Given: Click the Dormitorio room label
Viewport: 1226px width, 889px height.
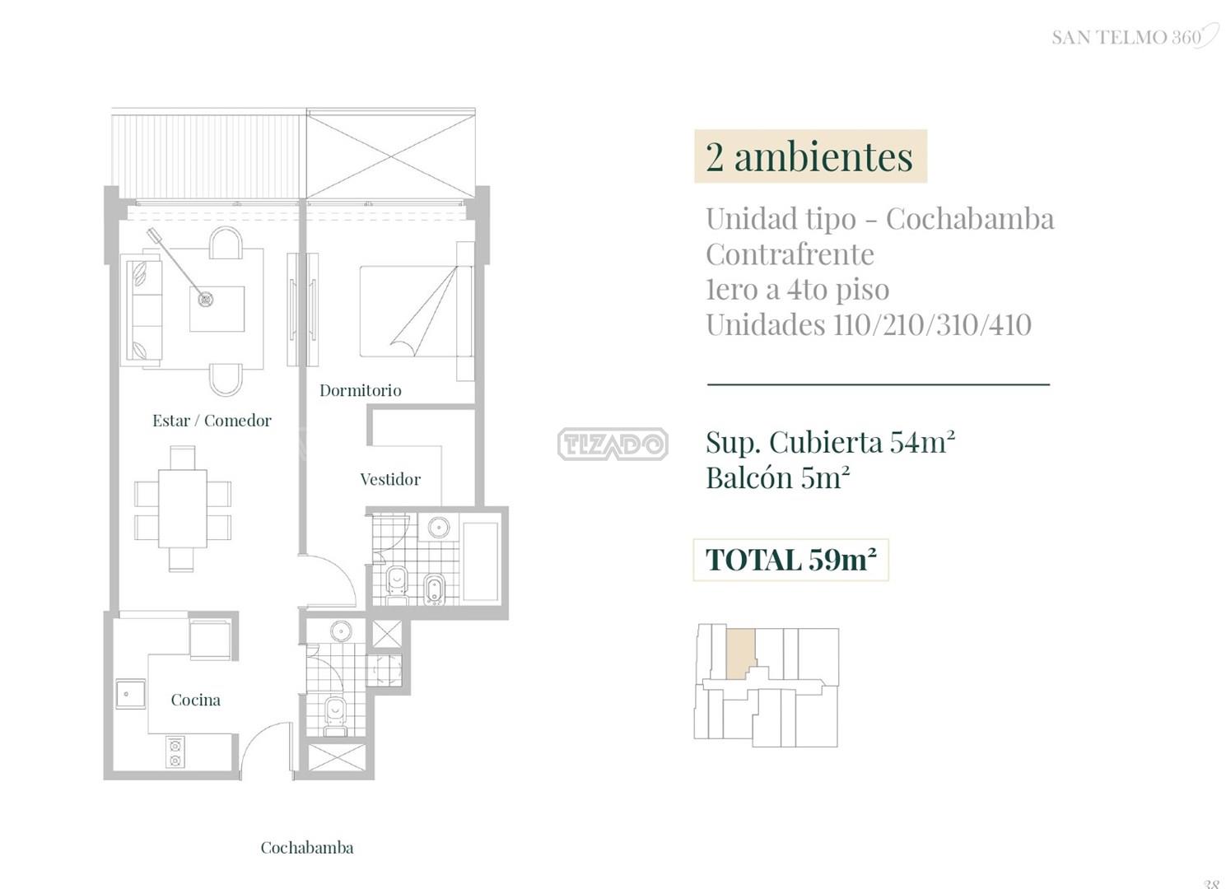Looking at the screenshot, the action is (x=360, y=391).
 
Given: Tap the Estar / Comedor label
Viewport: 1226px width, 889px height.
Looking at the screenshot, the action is (x=212, y=421).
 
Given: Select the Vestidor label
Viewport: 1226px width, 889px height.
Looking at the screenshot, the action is (x=390, y=479).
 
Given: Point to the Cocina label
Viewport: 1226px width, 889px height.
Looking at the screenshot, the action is (x=195, y=700).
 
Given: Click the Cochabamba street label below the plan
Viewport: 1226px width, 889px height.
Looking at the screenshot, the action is (x=307, y=847).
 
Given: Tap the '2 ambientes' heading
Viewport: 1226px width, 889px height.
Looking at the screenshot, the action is (x=810, y=156).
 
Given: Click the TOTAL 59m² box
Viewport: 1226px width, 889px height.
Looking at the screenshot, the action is (x=791, y=560).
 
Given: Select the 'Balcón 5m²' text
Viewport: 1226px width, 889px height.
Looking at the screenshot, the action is (x=778, y=477).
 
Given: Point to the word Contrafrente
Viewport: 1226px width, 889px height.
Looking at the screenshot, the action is (x=790, y=254).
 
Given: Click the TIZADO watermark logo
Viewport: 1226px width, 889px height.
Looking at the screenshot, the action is (x=613, y=444).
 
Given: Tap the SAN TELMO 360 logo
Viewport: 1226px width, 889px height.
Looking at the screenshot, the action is (x=1132, y=37).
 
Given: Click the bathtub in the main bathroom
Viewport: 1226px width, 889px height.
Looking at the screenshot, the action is (x=481, y=562).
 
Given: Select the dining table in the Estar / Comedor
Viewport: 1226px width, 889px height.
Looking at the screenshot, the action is (x=183, y=508).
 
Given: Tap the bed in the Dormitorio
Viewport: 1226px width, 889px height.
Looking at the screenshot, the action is (x=417, y=311).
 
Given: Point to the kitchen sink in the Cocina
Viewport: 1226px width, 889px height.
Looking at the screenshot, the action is (x=130, y=694).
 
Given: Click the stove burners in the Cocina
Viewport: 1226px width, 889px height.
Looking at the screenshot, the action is (x=175, y=752).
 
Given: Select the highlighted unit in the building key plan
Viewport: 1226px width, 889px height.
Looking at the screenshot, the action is (x=741, y=654).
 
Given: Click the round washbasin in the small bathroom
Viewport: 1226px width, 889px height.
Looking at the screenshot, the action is (x=341, y=631).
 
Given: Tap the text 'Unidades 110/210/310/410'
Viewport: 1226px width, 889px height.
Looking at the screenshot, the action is (x=869, y=325).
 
